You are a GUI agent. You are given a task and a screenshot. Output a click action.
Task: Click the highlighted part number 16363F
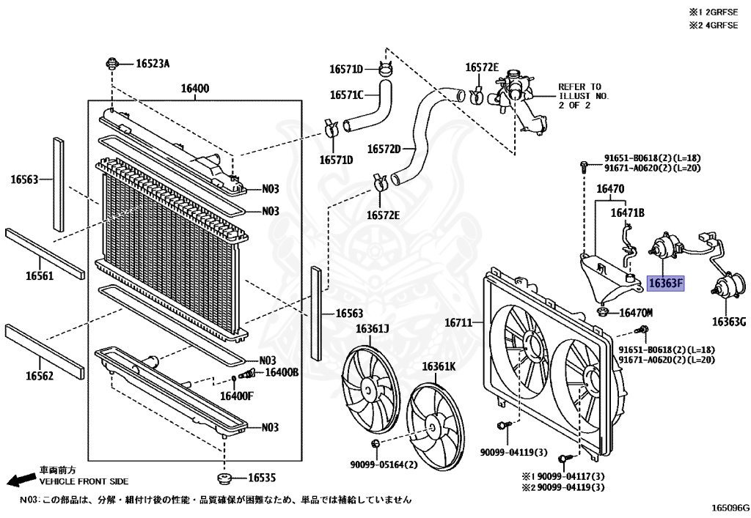coord(664,284)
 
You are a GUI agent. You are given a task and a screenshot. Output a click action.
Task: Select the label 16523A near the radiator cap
coord(153,64)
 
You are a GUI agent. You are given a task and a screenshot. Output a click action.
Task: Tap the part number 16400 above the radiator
coord(195,89)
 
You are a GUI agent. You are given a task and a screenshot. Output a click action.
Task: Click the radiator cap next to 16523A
coord(112,62)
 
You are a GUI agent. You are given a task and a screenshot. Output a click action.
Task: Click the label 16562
coord(41,376)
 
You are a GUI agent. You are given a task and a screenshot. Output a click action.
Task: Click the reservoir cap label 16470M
coord(637,313)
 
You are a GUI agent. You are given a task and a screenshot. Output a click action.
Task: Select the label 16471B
coord(629,212)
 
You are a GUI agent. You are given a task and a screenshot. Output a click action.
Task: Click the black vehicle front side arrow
coord(19,479)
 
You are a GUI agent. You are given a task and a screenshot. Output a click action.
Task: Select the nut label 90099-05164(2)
coord(384,465)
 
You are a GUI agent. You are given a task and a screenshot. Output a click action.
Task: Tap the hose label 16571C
coord(346,95)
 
